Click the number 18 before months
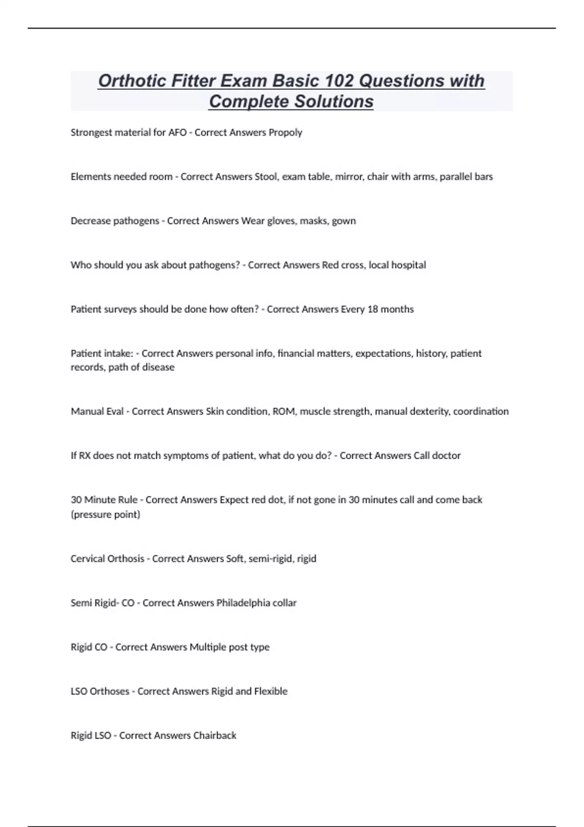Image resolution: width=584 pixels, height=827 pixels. pos(373,309)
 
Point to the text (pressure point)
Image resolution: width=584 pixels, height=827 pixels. pos(106,515)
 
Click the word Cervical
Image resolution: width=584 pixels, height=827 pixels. pos(87,559)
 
